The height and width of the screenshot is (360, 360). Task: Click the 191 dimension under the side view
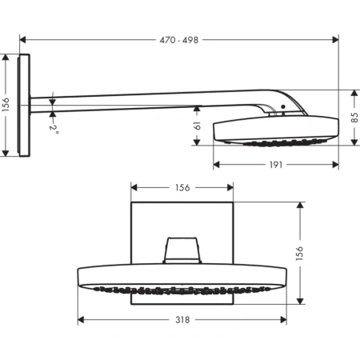coord(274,164)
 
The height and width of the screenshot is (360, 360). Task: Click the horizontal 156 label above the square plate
coord(182,188)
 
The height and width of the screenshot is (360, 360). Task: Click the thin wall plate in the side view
coord(27,106)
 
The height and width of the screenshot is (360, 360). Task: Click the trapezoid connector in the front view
coord(182,250)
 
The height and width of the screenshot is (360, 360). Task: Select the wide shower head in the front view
coord(182,277)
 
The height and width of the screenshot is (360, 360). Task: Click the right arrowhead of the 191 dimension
coord(332,164)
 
